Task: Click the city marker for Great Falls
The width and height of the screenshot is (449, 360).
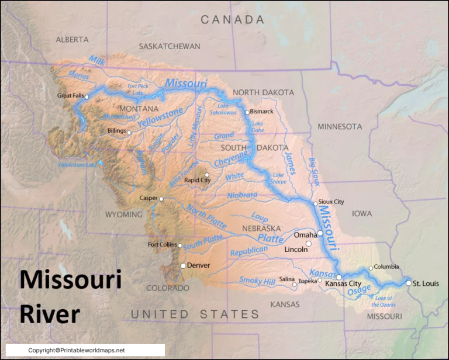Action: coord(87,97)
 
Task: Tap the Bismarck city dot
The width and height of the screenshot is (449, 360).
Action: coord(247,112)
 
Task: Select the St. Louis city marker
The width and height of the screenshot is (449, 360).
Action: coord(408,283)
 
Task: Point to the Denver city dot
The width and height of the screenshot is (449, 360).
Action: coord(183,266)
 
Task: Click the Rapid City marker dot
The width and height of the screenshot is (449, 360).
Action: coord(206,175)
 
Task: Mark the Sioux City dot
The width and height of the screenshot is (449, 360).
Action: coord(316,204)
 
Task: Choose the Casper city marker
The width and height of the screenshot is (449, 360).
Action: coord(161,199)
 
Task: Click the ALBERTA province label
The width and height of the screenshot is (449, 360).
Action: coord(72,40)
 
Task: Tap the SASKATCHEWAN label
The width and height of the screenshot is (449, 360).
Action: coord(170,46)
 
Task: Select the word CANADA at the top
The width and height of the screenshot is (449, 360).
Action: coord(233,20)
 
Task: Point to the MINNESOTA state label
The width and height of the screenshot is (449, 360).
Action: coord(340,126)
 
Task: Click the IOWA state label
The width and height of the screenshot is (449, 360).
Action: coord(362,214)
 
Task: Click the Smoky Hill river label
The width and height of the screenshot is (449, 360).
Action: coord(257,281)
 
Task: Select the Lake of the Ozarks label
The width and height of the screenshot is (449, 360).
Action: coord(384,301)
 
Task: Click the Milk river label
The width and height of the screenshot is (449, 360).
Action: coord(96,60)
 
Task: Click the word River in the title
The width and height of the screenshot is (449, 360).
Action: coord(50,314)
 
